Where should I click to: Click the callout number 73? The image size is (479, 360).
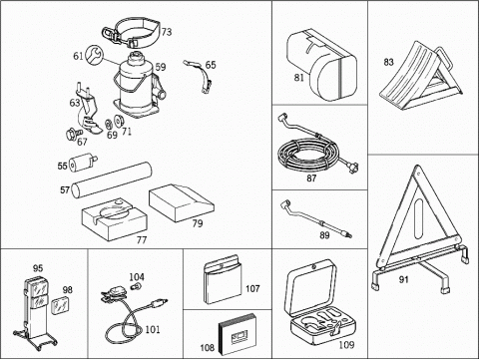[167, 32]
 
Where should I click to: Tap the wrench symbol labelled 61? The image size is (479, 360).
[94, 55]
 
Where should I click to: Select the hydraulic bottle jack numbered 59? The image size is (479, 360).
[139, 86]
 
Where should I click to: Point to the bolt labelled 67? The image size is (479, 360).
[73, 133]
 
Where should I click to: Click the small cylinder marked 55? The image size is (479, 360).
[83, 163]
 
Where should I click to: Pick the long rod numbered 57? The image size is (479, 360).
[112, 180]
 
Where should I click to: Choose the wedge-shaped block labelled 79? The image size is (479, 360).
[181, 203]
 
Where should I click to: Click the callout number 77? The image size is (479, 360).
[142, 239]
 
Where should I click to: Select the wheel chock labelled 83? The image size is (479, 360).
[421, 78]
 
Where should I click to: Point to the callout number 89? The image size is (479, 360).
[324, 235]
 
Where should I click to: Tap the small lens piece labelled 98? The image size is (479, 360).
[60, 305]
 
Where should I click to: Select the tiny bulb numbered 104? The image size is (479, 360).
[135, 285]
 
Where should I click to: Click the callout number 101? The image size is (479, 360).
[153, 329]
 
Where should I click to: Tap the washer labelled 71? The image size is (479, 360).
[118, 121]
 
